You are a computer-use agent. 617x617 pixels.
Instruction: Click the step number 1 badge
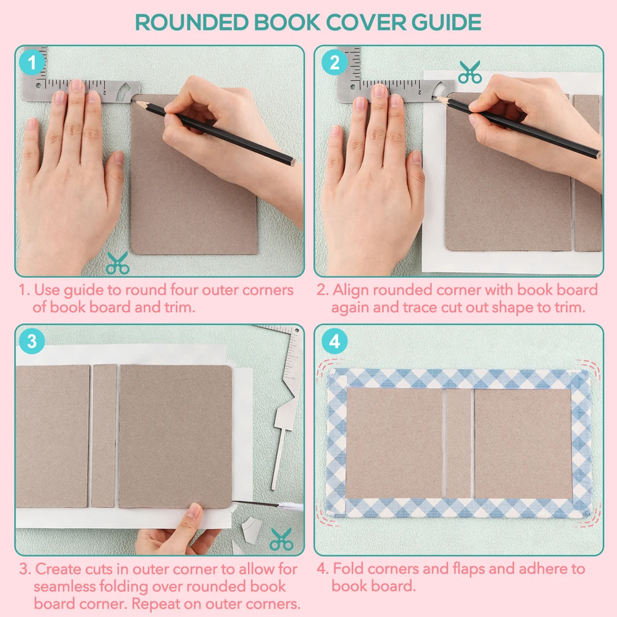click(31, 62)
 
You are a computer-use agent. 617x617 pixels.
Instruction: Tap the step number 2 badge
click(334, 62)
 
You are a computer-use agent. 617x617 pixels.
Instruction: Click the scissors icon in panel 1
click(117, 263)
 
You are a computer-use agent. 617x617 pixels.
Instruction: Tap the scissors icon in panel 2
click(470, 72)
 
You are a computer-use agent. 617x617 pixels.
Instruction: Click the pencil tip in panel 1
click(135, 102)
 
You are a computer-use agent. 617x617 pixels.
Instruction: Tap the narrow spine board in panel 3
click(104, 436)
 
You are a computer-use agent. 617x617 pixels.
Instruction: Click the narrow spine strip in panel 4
click(458, 443)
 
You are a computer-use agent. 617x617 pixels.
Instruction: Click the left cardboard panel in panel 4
click(394, 443)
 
